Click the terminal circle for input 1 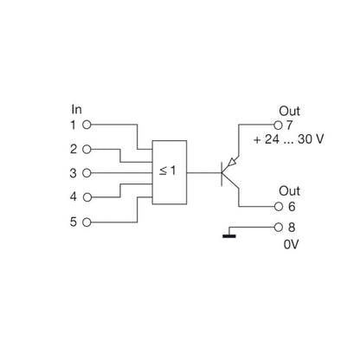point(86,125)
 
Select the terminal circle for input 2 point(86,149)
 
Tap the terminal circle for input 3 point(86,173)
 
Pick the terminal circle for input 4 point(86,196)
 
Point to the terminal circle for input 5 point(86,222)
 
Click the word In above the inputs point(75,110)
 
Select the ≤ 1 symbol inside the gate point(168,172)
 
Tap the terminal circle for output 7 point(279,125)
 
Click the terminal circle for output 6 point(279,206)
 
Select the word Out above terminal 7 point(289,111)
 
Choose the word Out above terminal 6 point(289,190)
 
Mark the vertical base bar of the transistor point(222,173)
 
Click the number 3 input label point(74,173)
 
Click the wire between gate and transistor point(202,173)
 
